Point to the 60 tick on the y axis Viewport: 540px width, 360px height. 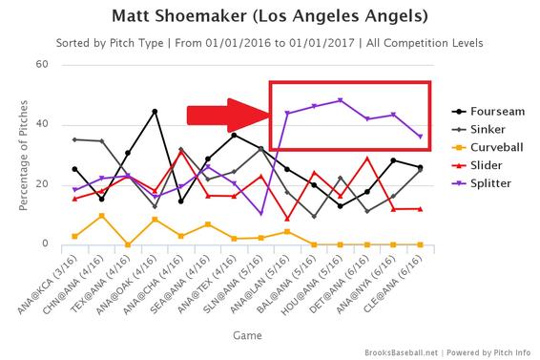[42, 64]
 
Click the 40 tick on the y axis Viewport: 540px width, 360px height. [42, 124]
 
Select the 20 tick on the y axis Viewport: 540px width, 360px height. [42, 184]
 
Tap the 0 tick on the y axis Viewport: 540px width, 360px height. [45, 244]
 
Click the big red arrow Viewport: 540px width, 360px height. [225, 115]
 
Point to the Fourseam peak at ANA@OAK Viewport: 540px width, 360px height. [155, 112]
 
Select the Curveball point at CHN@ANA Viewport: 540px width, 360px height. [102, 216]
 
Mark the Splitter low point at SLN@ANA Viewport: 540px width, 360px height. [260, 214]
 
